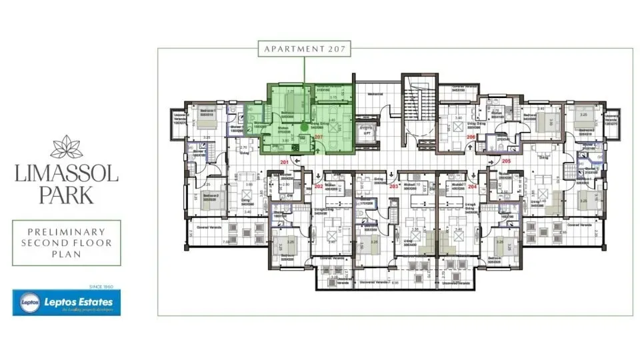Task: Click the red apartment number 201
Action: tap(285, 162)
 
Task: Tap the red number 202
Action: tap(318, 186)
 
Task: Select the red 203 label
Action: tap(394, 186)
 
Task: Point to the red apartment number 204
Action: tap(473, 186)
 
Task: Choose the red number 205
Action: tap(506, 162)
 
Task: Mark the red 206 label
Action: tap(471, 137)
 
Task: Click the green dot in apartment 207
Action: tap(304, 125)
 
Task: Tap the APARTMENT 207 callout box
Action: tap(304, 49)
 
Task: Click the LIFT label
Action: tap(367, 133)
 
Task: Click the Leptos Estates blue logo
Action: tap(67, 303)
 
